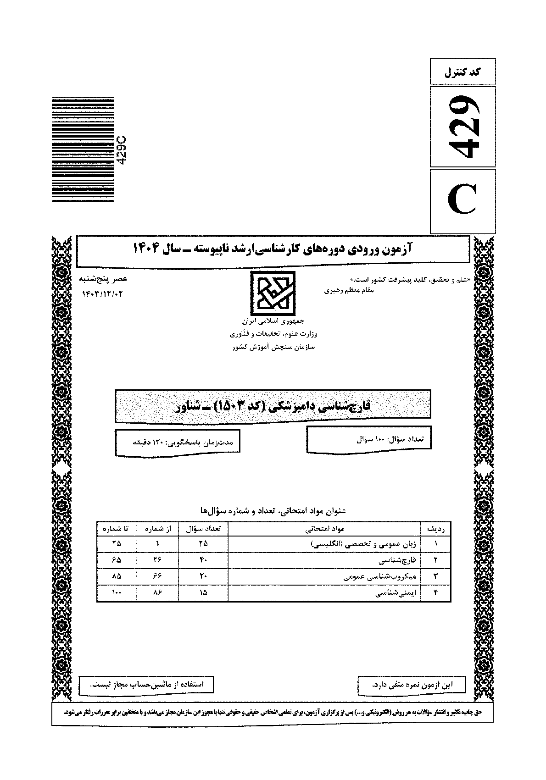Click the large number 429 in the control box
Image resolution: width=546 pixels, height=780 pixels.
tap(463, 126)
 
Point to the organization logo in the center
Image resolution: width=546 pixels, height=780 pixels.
tap(273, 291)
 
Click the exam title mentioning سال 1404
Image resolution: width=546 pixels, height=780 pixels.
tap(273, 249)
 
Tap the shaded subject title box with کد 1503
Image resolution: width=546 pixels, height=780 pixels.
tap(273, 406)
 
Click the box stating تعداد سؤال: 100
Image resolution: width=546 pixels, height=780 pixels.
tap(369, 439)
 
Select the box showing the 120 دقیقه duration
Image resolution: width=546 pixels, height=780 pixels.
tap(178, 443)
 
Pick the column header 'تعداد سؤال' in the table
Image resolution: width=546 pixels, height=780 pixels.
tap(203, 529)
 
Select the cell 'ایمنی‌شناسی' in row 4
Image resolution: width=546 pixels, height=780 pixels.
tap(395, 593)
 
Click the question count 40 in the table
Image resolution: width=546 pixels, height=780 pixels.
tap(203, 560)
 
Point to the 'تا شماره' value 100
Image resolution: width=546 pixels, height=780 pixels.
tap(116, 593)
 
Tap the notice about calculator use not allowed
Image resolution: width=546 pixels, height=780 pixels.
tap(146, 685)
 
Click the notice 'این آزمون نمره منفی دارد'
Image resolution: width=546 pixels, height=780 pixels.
tap(411, 685)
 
